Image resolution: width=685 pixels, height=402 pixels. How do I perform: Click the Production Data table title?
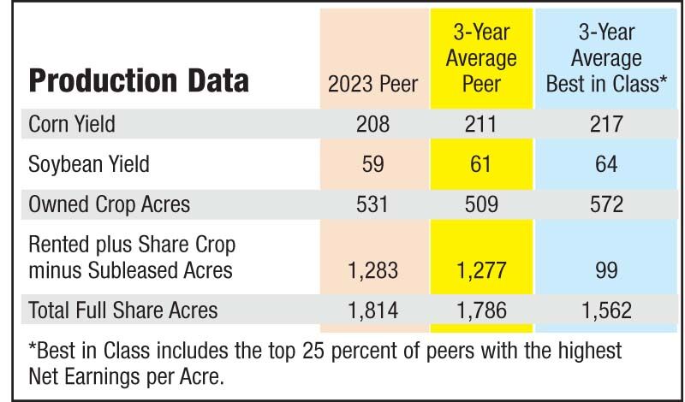140,80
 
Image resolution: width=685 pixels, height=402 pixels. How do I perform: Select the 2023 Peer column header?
372,84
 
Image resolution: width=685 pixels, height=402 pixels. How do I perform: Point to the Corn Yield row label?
72,124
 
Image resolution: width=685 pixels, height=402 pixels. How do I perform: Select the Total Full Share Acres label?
123,310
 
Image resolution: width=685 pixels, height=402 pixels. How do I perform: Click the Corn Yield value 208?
372,124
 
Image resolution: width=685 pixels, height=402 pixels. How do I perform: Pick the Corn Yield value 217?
606,124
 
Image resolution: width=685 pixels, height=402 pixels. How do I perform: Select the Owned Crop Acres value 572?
606,204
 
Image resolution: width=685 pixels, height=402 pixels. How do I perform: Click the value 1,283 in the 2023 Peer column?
372,271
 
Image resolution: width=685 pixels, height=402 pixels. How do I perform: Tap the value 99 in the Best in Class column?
606,271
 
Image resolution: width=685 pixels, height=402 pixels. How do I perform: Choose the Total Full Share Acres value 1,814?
372,310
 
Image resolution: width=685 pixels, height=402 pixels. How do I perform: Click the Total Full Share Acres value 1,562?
606,310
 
